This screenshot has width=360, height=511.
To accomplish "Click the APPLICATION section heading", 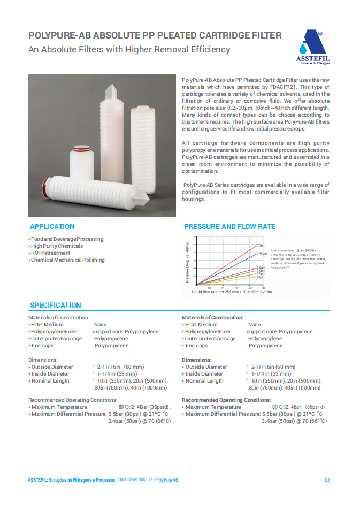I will coord(52,227).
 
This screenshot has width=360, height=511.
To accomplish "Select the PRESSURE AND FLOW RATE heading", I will coord(229,227).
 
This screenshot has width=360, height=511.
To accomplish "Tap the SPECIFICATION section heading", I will coord(55,306).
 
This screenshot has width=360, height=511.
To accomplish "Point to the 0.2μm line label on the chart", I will coord(261,245).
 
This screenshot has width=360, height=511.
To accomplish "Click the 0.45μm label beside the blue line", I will coord(262,254).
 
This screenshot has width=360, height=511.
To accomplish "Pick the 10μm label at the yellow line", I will coord(261,277).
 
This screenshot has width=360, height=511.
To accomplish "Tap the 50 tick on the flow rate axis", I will coord(263,287).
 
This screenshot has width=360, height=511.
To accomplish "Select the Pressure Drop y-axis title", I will coord(188,262).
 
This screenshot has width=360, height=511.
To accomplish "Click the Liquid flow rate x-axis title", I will coord(232,292).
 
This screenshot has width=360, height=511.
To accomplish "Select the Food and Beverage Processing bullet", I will coord(67,239).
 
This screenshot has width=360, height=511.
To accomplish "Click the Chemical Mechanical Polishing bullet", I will coord(67,260).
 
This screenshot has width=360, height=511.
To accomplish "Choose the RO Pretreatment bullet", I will coord(50,253).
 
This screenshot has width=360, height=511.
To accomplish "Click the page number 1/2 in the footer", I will coord(327,480).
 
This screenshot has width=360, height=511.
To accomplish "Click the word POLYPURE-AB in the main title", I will coord(59,36).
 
